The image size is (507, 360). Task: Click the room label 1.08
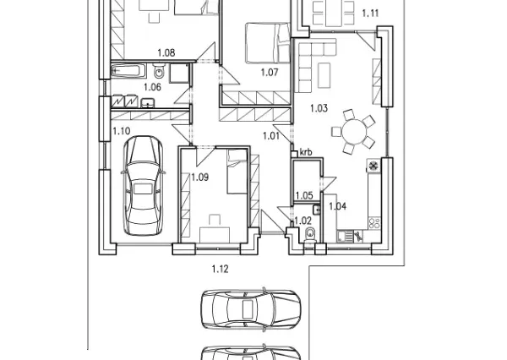(166, 52)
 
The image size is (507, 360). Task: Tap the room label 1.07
(270, 72)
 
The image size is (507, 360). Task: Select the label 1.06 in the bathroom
(152, 87)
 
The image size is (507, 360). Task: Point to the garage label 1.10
(122, 131)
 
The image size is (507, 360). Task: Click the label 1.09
(199, 177)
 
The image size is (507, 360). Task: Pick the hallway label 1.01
(271, 136)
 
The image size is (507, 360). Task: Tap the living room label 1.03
(319, 108)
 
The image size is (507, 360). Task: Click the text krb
(306, 152)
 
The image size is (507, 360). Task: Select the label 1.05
(304, 195)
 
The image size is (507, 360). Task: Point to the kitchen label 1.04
(337, 206)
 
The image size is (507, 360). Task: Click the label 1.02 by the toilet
(303, 221)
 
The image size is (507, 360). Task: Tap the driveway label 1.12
(221, 269)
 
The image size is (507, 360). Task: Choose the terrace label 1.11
(370, 14)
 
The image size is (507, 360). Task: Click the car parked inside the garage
(144, 186)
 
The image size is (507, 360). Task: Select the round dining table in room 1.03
(354, 131)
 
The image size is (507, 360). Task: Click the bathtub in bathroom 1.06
(128, 71)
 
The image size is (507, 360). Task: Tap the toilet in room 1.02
(310, 235)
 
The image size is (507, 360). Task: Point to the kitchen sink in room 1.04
(345, 236)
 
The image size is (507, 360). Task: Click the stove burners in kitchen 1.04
(374, 223)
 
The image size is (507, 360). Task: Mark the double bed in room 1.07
(268, 43)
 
